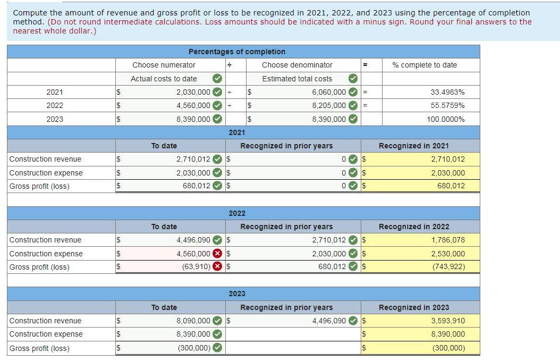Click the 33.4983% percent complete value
447,92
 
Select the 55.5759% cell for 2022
447,106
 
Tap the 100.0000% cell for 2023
445,119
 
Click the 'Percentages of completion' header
237,52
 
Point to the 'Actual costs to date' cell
164,79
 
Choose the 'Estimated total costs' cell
297,79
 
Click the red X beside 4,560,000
217,254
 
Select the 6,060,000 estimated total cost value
329,92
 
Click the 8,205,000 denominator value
329,106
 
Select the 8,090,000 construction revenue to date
193,321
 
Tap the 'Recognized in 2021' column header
413,146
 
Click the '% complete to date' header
425,65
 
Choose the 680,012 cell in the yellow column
451,186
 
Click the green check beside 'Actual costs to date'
217,79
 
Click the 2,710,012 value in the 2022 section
329,240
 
